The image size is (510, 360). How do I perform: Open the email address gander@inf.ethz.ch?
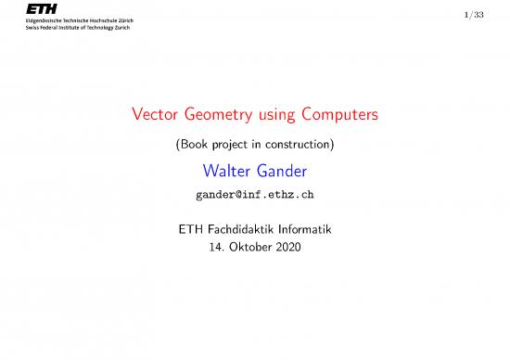pyautogui.click(x=254, y=196)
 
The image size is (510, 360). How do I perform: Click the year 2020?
pyautogui.click(x=298, y=249)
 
